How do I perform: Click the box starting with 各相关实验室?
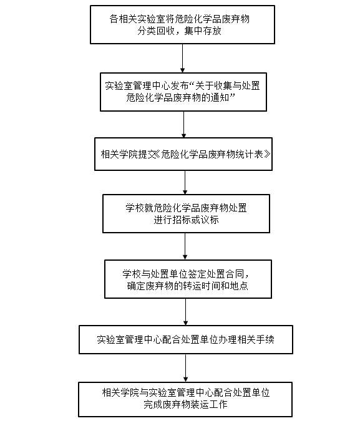(182, 24)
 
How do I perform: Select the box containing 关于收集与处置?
(183, 92)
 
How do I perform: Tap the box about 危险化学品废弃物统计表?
(183, 154)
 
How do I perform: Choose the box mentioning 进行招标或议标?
(186, 213)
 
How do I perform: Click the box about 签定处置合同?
(188, 279)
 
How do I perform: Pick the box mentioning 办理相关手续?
(186, 339)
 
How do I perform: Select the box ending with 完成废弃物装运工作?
(185, 399)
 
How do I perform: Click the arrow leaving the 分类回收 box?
(183, 59)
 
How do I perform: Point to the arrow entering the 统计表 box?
(183, 125)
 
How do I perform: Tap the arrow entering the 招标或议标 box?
(185, 182)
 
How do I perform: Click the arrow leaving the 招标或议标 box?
(185, 246)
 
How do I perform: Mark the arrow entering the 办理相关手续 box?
(185, 312)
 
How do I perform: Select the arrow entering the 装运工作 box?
(185, 368)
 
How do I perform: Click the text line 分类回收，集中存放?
(179, 31)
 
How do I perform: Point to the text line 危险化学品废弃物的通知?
(180, 98)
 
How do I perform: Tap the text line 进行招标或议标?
(186, 220)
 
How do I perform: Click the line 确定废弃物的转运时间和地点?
(188, 286)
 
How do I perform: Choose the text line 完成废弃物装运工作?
(185, 404)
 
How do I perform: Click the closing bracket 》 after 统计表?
(267, 154)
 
